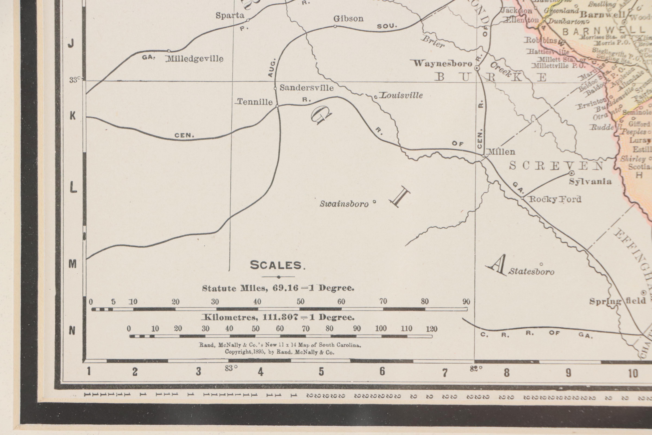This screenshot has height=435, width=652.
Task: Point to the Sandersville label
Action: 306,88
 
